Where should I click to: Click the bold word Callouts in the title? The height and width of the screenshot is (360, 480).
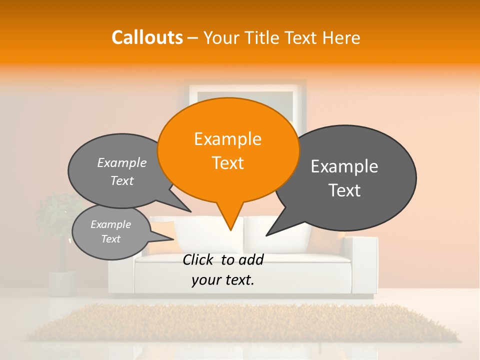(147, 37)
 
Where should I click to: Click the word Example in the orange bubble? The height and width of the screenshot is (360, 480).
(227, 138)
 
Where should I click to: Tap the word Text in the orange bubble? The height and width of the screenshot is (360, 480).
(227, 163)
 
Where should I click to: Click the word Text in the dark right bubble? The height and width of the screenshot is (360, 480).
(344, 190)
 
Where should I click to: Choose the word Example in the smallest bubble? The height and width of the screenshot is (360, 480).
(110, 224)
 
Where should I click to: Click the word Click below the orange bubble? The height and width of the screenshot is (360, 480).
(198, 259)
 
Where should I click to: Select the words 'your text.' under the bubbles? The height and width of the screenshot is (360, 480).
(222, 280)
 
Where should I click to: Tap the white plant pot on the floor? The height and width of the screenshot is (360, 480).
(62, 282)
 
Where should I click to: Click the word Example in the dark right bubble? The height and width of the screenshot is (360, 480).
(344, 166)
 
